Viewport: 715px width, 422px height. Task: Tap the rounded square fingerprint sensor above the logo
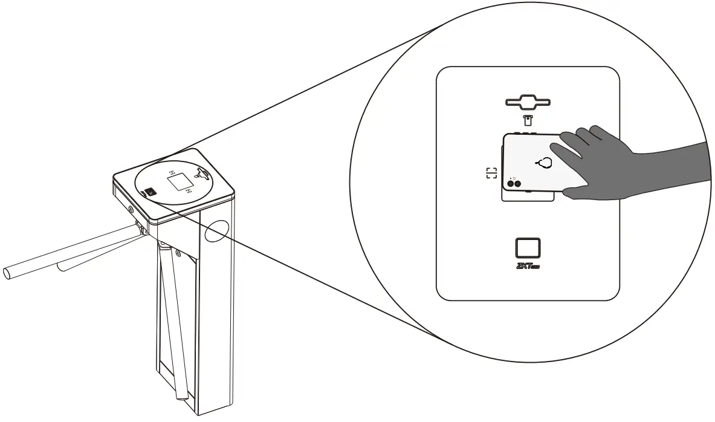pos(528,248)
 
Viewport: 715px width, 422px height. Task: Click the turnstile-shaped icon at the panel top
pos(528,102)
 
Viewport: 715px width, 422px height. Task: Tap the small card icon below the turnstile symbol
pos(528,118)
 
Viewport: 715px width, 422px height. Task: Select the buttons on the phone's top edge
pos(529,132)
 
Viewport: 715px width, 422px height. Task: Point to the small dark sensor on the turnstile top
pos(149,193)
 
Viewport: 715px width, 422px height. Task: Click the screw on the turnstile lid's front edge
pos(131,209)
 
